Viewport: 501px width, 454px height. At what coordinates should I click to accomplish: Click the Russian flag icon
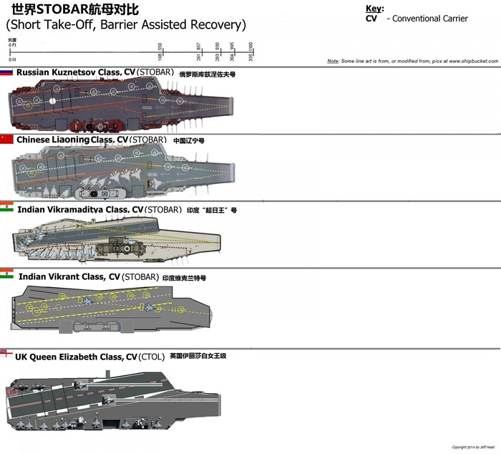pos(7,73)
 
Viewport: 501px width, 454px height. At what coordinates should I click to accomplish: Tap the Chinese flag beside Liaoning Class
pos(7,140)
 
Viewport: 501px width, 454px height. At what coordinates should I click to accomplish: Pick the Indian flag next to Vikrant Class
pos(7,275)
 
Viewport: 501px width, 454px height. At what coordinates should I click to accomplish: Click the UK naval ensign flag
pos(6,354)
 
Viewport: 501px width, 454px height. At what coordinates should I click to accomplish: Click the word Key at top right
pos(374,9)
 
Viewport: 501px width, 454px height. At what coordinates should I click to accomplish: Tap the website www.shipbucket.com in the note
pos(470,62)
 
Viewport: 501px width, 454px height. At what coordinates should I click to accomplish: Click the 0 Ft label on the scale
pos(12,44)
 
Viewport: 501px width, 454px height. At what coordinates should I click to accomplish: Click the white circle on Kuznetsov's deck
pos(54,101)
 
